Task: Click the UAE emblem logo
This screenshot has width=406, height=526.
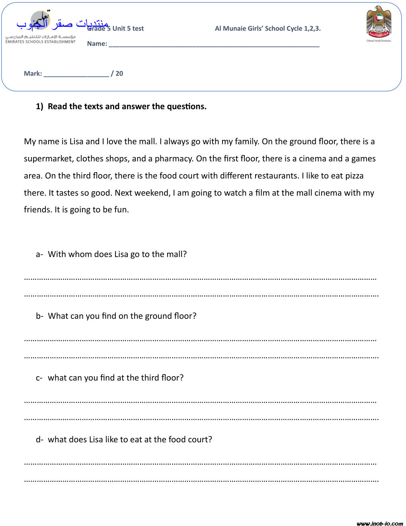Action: tap(379, 23)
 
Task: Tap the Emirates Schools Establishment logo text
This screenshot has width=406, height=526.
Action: tap(40, 39)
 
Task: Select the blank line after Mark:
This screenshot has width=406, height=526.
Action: tap(76, 74)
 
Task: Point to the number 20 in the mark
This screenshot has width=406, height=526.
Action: tap(119, 74)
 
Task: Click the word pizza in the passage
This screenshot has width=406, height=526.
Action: tap(354, 176)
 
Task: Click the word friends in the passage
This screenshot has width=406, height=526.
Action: tap(38, 210)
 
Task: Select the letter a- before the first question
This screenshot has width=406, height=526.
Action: tap(39, 254)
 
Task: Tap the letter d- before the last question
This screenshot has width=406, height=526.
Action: tap(39, 440)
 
